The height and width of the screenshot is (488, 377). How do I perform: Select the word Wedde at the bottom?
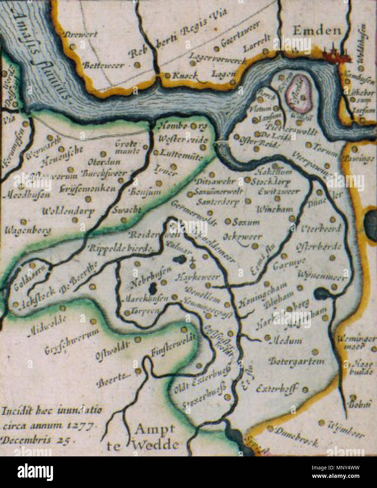(x=155, y=445)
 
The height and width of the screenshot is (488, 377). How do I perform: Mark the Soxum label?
(x=246, y=222)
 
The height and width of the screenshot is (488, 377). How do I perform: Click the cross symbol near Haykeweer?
(x=192, y=261)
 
